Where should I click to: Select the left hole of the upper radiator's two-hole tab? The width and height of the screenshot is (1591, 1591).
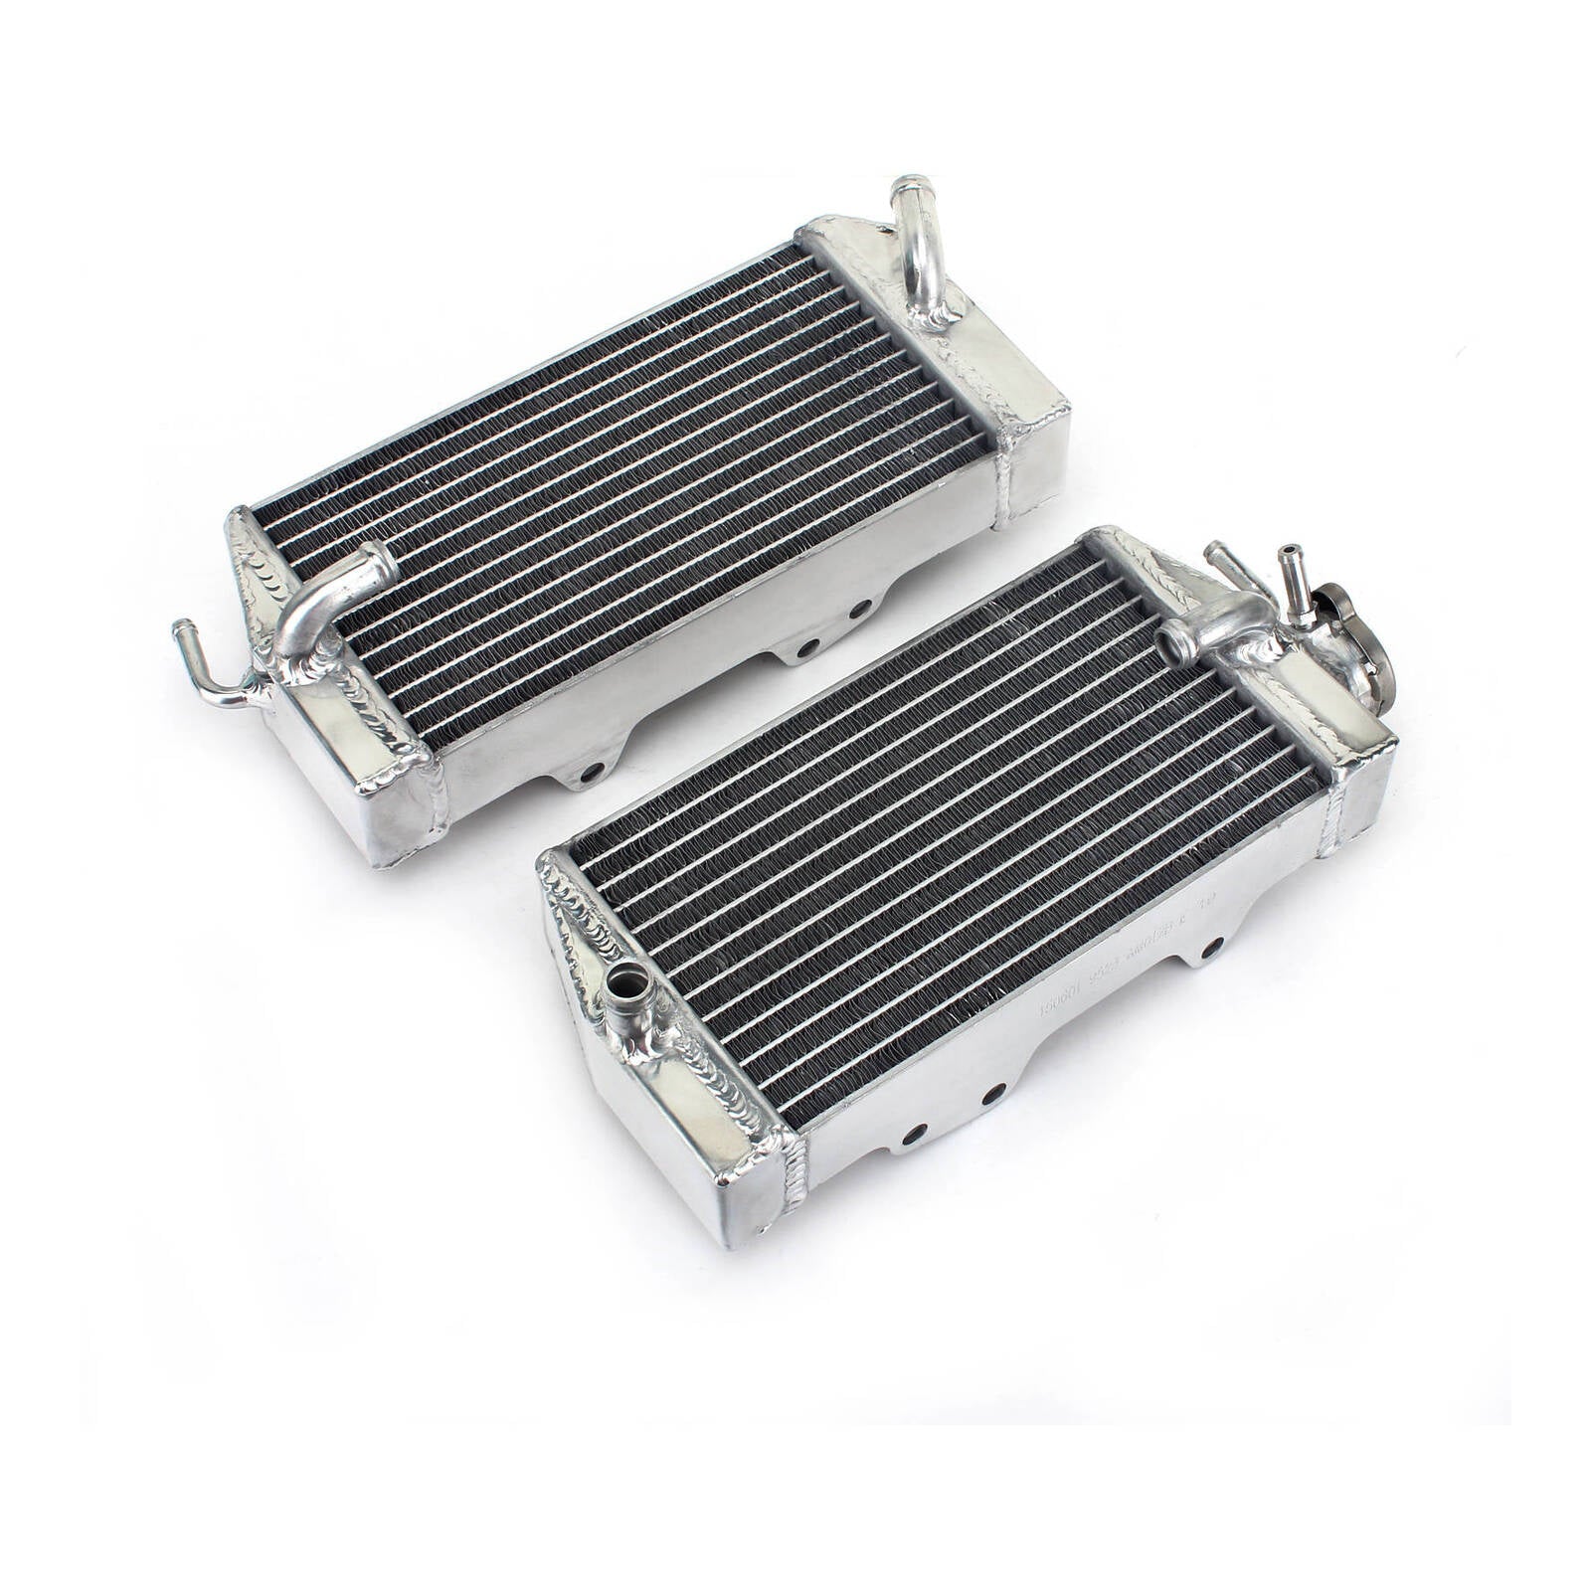pos(808,647)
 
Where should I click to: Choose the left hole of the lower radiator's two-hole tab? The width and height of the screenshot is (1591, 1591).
pos(915,1132)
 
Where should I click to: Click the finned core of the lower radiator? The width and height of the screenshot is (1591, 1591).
pos(945,815)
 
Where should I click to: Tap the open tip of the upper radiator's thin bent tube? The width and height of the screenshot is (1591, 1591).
pos(182,628)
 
